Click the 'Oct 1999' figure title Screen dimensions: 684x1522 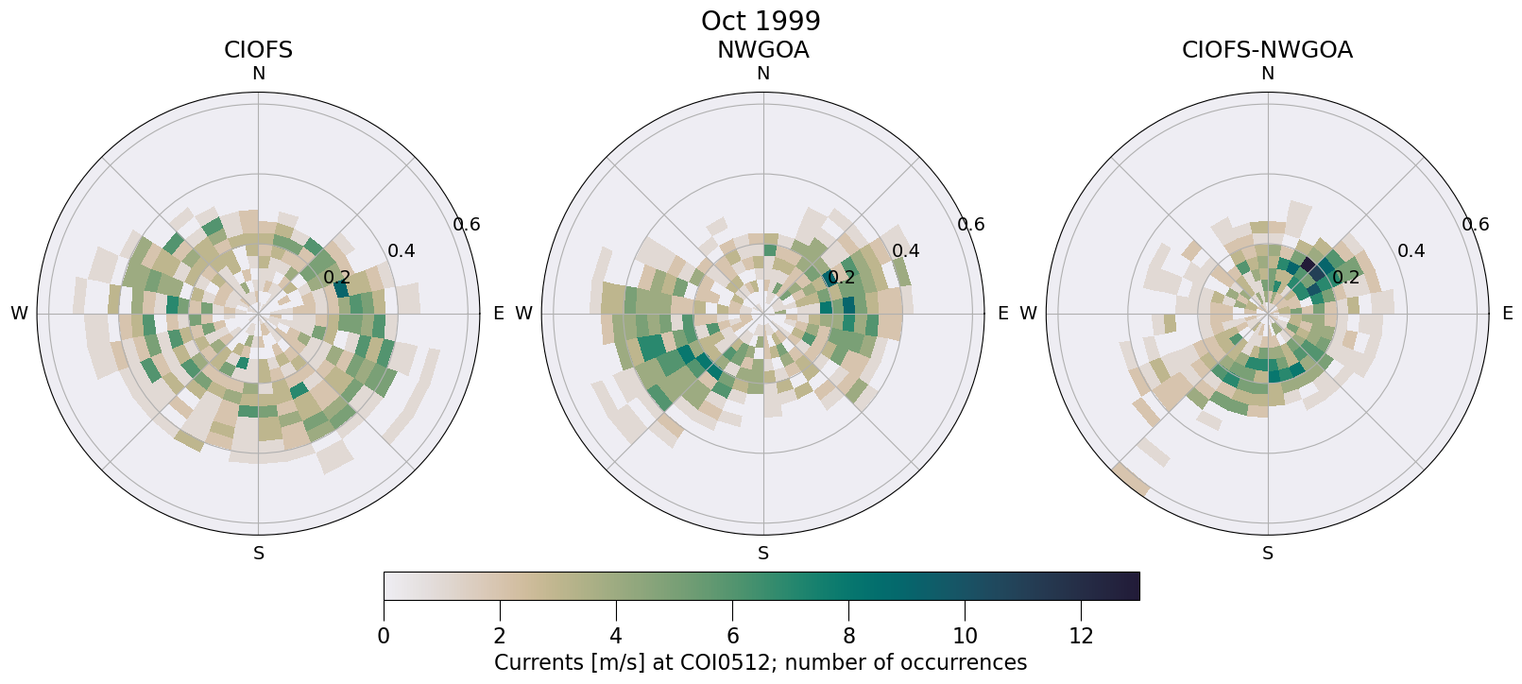click(761, 21)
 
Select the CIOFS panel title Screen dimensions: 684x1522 click(258, 50)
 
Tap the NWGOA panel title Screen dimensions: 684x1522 click(762, 50)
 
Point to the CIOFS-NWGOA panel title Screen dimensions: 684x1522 click(1267, 50)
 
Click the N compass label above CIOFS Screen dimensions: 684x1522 click(258, 74)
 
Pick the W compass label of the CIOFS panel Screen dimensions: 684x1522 click(19, 314)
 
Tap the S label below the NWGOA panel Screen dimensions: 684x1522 click(763, 554)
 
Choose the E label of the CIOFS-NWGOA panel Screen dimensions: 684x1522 click(1507, 314)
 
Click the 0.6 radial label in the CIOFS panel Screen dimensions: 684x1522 click(467, 225)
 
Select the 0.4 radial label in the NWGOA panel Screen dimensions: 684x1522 click(906, 251)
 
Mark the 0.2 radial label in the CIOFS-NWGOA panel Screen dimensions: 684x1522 click(1346, 278)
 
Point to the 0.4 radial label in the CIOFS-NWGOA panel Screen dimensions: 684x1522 click(1411, 251)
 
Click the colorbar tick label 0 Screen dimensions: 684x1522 click(384, 637)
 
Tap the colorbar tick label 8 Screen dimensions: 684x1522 click(848, 637)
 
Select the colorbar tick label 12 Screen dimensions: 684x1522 click(1081, 637)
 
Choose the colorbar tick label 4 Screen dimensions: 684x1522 click(616, 637)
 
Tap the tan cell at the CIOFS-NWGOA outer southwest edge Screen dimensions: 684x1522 click(1130, 480)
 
